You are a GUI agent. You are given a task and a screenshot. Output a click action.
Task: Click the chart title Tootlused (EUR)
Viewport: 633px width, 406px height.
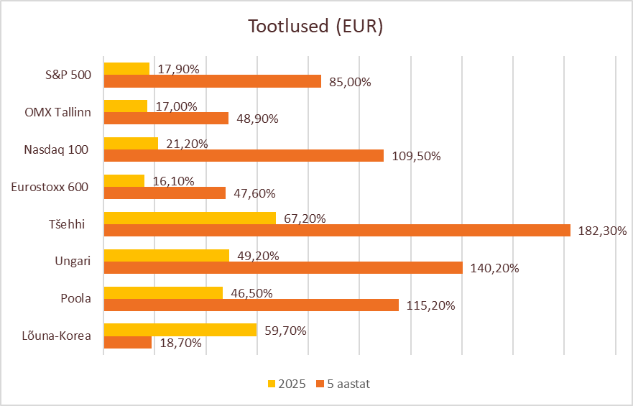pos(315,27)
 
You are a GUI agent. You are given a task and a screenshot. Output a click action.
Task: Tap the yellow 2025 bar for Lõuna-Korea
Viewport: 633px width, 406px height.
pos(180,330)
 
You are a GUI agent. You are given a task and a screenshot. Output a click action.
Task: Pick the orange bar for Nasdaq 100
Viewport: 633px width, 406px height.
pos(244,156)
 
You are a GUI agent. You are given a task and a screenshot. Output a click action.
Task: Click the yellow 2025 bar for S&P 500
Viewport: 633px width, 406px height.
pos(126,69)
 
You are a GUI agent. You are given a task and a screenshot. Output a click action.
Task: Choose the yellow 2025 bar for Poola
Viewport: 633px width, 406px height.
pos(163,292)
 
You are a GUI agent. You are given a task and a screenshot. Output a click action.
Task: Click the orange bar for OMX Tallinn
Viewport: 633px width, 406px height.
pos(166,119)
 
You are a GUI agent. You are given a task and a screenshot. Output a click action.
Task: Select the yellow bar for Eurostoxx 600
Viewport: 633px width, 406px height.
pos(124,180)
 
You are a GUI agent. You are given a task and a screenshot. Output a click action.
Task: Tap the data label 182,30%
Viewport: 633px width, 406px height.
pos(602,231)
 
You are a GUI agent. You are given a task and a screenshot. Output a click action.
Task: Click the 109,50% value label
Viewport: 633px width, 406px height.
pos(415,156)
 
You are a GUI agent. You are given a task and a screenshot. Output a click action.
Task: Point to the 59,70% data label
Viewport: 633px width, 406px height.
pos(285,331)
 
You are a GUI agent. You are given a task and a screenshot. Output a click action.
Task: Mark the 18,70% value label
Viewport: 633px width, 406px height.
pos(180,343)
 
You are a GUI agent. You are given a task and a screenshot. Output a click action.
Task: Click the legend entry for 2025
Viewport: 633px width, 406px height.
pos(287,384)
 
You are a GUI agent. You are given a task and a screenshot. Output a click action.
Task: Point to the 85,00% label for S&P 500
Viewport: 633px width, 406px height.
pos(350,82)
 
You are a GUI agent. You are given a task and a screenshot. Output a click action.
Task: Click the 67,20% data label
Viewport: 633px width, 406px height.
pos(305,218)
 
